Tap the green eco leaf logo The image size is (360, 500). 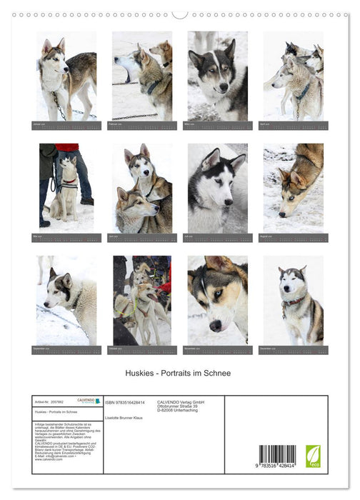click(x=313, y=456)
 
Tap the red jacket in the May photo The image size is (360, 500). click(x=69, y=147)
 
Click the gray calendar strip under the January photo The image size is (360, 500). click(x=66, y=125)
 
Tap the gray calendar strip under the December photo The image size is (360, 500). click(x=293, y=350)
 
